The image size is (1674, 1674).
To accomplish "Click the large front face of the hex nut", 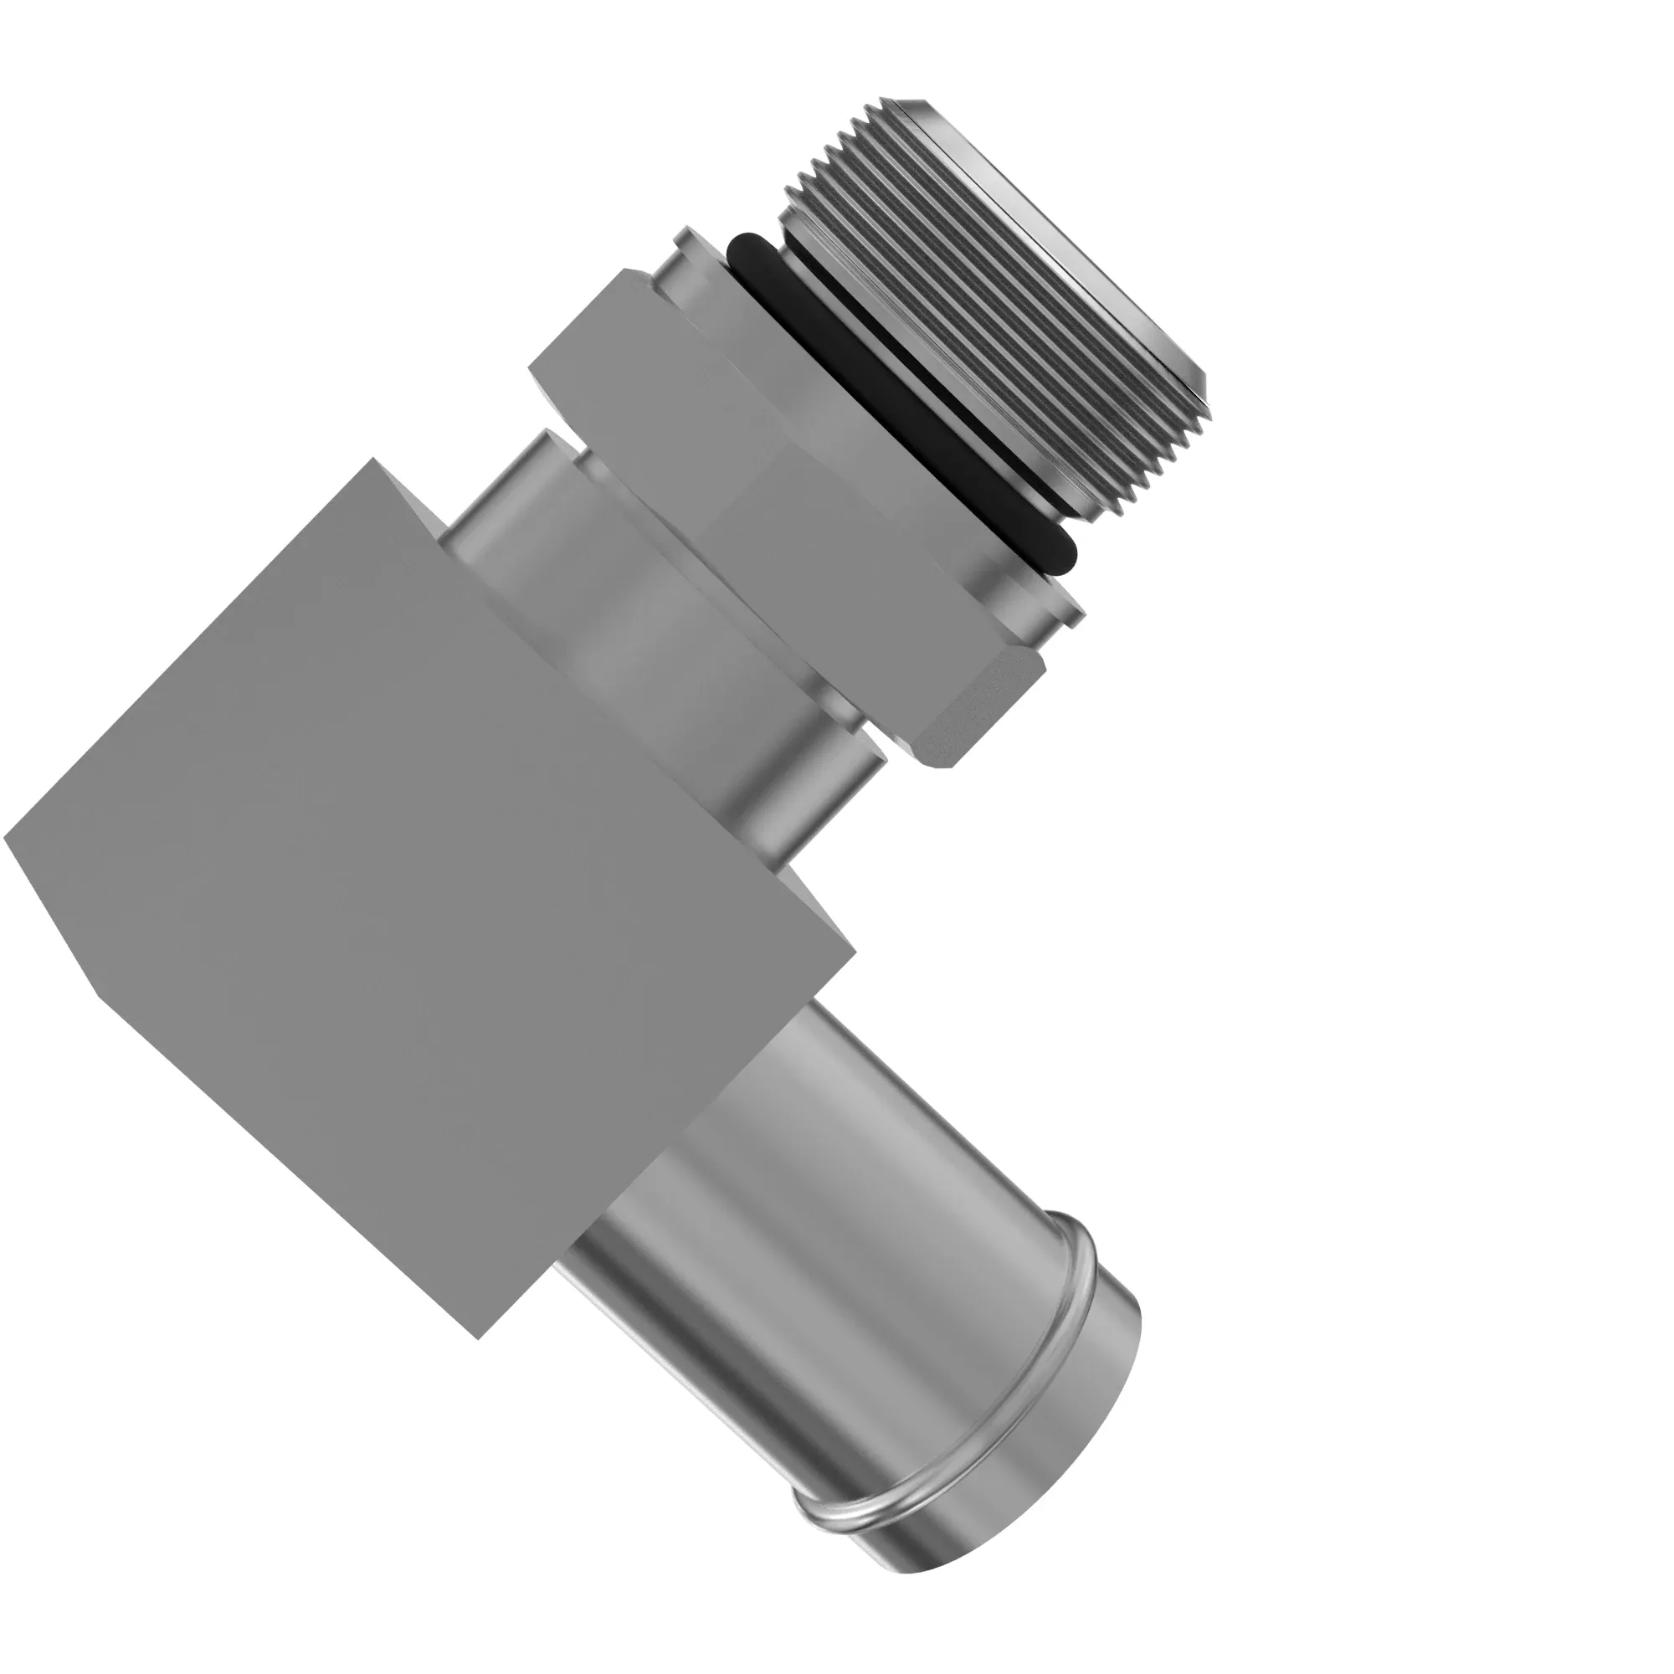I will coord(780,485).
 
